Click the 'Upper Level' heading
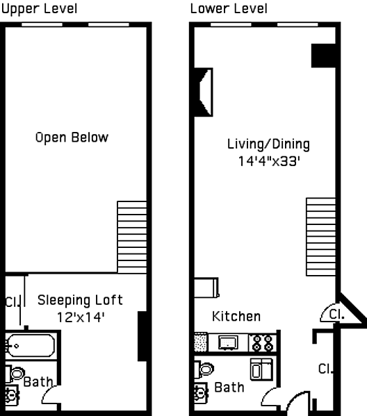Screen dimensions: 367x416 coord(40,9)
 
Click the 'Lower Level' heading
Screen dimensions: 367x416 coord(229,9)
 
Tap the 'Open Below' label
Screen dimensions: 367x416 coord(72,138)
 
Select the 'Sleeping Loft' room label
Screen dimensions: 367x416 coord(80,300)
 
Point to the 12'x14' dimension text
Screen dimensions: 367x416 coord(81,317)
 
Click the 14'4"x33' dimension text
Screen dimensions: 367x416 coord(269,161)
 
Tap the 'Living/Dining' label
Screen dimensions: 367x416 coord(268,144)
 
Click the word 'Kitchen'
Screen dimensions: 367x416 coord(236,317)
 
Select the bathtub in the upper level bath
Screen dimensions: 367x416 coord(31,345)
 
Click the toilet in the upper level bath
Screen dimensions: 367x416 coord(15,374)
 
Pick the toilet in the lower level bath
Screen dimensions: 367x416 coord(204,369)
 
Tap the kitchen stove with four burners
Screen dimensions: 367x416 coord(262,343)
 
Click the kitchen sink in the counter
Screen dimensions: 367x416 coord(229,342)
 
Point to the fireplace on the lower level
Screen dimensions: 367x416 coord(204,92)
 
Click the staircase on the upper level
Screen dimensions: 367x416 coord(132,238)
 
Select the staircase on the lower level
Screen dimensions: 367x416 coord(321,237)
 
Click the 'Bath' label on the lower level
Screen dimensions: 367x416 coord(229,388)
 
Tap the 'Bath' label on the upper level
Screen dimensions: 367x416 coord(38,382)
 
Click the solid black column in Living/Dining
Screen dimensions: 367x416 coord(323,56)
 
